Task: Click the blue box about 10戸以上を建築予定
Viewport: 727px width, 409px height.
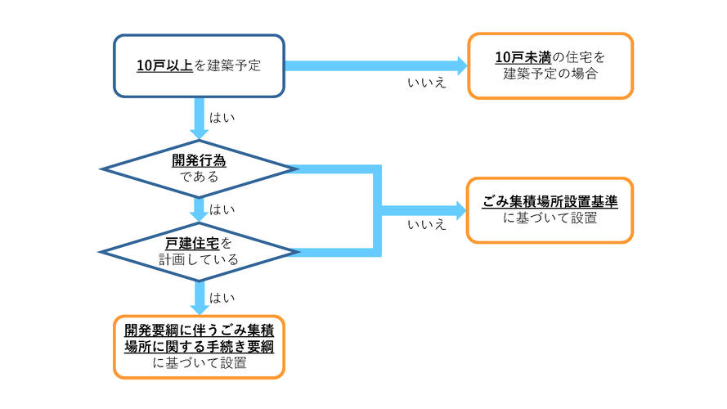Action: pos(199,66)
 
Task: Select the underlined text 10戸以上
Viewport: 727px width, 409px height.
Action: pos(164,66)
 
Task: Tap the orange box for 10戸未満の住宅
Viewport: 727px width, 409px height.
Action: pos(550,66)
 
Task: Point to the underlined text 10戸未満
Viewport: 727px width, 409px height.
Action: pos(523,58)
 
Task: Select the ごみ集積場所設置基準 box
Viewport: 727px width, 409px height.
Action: pos(550,210)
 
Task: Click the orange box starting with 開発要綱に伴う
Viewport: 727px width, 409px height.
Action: pos(199,347)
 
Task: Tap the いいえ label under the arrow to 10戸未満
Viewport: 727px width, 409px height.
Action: pos(427,83)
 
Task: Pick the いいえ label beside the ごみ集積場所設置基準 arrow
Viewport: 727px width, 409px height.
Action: pos(427,224)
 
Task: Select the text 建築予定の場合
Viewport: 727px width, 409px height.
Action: pos(550,74)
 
